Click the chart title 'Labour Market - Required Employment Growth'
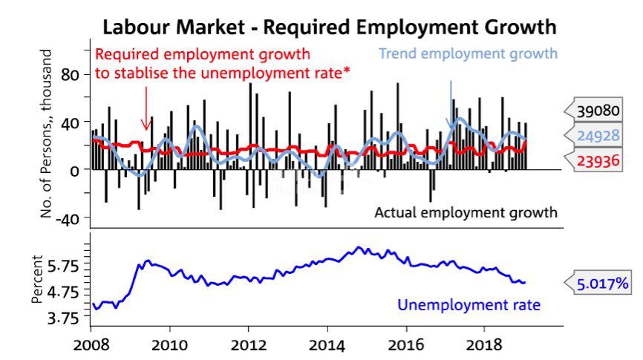click(329, 27)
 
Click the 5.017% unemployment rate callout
click(604, 283)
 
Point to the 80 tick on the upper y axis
click(69, 74)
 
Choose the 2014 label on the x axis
click(326, 345)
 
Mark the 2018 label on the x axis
click(483, 345)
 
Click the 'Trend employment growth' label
click(468, 53)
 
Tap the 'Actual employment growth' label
click(466, 212)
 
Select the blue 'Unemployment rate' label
click(469, 304)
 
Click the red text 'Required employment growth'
click(203, 54)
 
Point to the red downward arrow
click(146, 108)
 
